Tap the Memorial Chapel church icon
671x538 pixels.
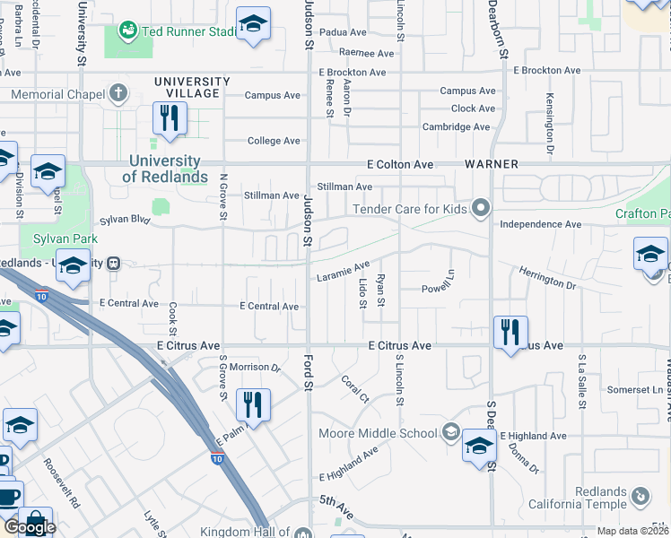point(118,93)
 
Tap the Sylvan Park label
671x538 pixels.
point(57,239)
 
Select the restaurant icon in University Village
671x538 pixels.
point(168,117)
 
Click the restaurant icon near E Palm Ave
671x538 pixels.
point(253,404)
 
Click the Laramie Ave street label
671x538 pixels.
point(344,271)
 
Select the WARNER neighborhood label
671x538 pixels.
point(492,165)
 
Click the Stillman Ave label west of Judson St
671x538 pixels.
point(272,195)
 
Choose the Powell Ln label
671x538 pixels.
point(440,289)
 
